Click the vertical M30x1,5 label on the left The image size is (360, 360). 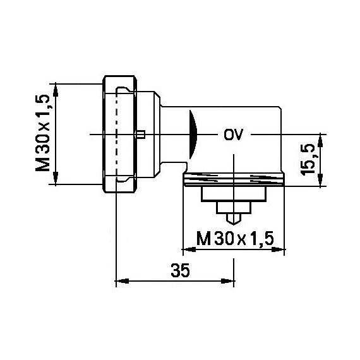click(43, 133)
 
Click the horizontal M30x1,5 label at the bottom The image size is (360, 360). click(235, 239)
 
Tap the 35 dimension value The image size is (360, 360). click(180, 270)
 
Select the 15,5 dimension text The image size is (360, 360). click(308, 160)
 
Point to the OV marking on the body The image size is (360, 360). click(233, 135)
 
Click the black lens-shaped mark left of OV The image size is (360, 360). click(193, 135)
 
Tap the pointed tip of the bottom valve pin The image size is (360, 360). click(234, 224)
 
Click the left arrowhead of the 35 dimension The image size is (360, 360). click(122, 280)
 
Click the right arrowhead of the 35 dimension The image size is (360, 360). click(228, 280)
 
